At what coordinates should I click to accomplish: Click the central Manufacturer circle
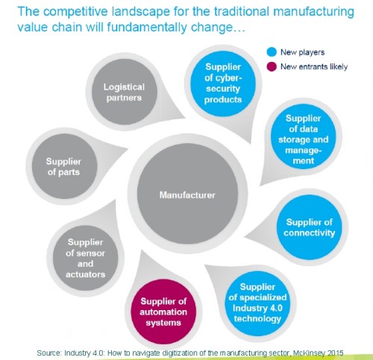point(187,194)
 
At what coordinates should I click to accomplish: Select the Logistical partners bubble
point(124,92)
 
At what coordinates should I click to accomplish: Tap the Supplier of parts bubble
point(64,166)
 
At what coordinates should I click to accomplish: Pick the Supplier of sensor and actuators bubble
point(85,258)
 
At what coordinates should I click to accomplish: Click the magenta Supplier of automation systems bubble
point(163,312)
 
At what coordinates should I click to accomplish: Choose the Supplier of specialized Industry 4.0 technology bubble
point(257,303)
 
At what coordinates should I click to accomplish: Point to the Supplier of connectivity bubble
point(310,227)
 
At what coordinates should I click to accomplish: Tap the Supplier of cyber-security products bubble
point(223,83)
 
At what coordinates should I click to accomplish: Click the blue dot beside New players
point(272,52)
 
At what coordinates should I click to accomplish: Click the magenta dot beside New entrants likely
point(272,66)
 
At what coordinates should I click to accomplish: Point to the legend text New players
point(303,52)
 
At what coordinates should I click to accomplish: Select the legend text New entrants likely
point(314,66)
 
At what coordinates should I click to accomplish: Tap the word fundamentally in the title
point(147,27)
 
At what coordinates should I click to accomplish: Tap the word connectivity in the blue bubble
point(310,233)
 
